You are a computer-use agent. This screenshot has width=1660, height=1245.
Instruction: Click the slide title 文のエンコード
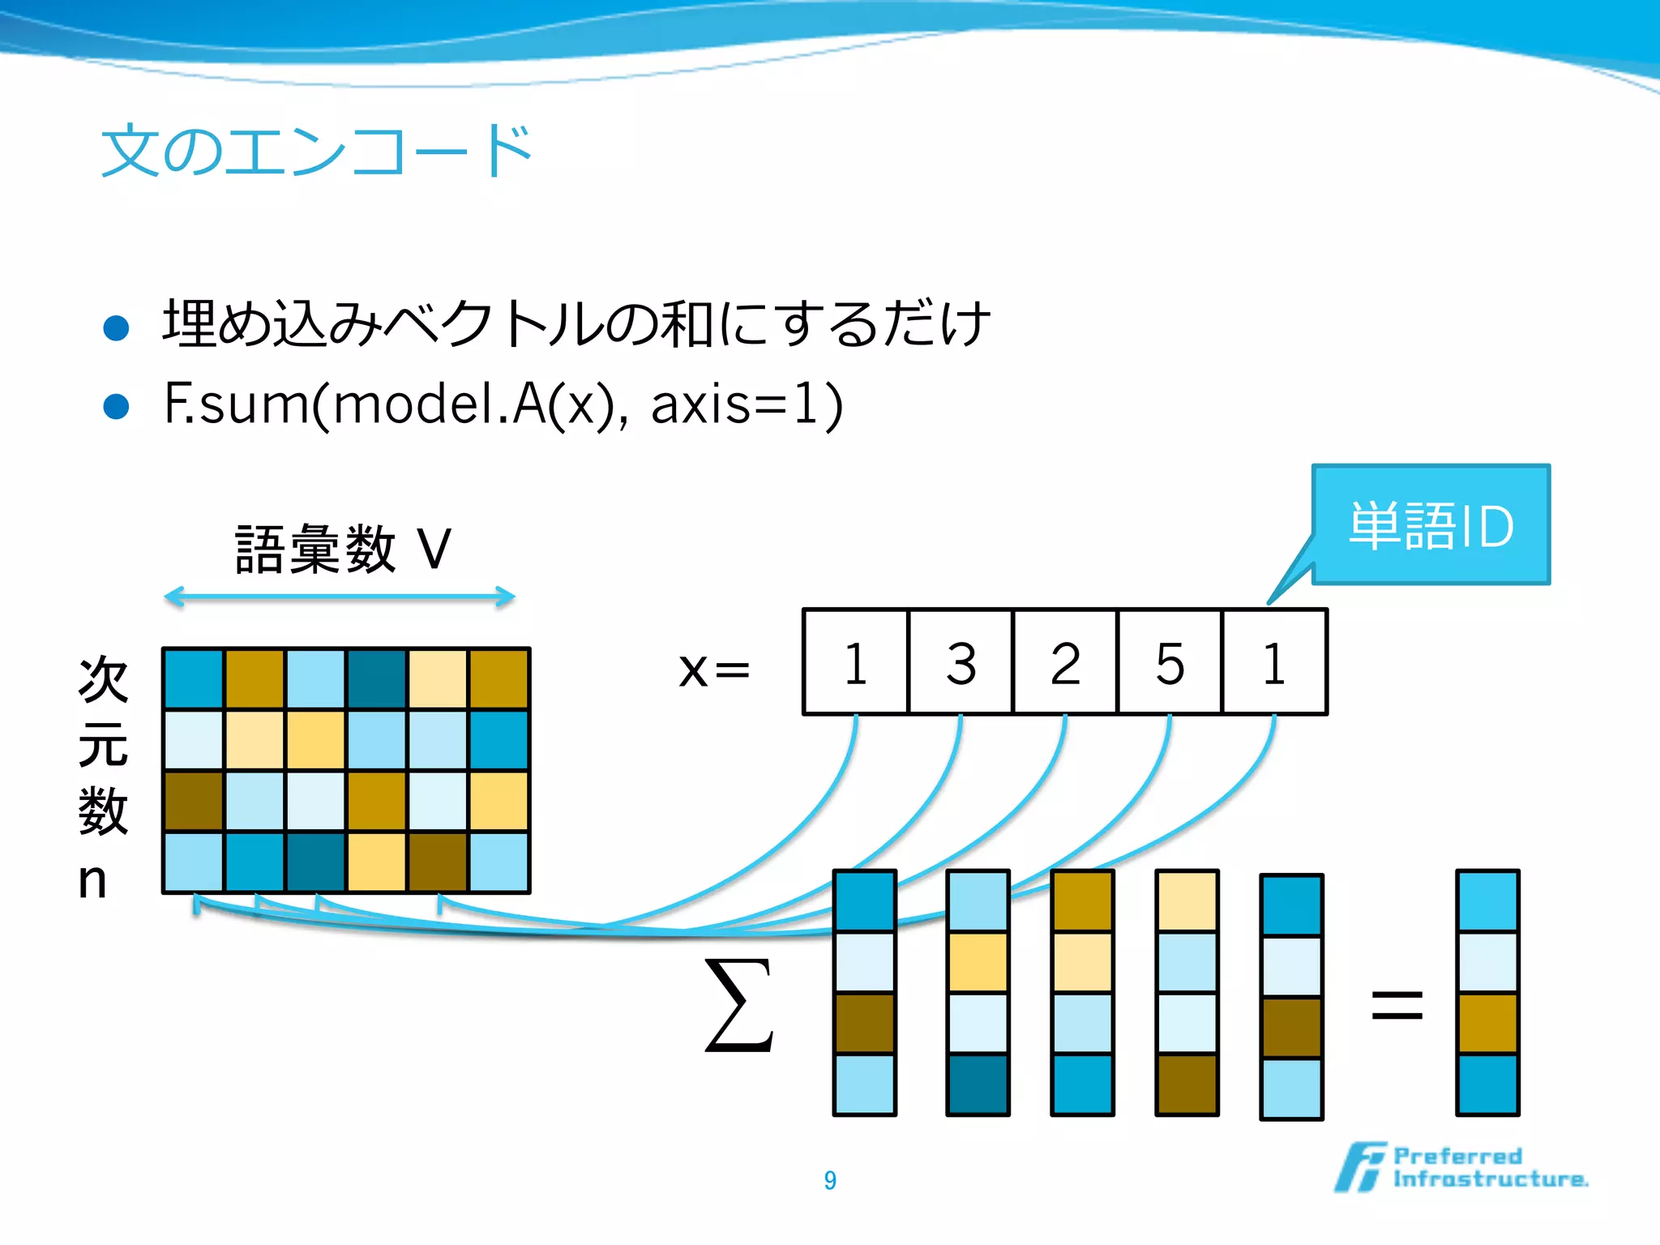click(316, 152)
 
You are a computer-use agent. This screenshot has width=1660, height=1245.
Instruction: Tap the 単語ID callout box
click(1431, 525)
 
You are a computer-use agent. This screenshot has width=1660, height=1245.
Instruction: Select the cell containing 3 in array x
click(960, 662)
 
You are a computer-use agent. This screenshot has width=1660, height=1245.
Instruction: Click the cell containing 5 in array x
click(1170, 662)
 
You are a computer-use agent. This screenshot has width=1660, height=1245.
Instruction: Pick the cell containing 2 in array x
click(1065, 662)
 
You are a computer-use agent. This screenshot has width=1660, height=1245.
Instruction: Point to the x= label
click(714, 670)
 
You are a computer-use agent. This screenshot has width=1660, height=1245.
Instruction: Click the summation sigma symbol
click(738, 1005)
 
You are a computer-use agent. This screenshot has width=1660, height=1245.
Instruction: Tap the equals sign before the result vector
click(1397, 1006)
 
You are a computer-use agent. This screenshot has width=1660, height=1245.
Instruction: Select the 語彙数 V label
click(343, 550)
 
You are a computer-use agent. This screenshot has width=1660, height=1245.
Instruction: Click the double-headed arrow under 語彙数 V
click(340, 597)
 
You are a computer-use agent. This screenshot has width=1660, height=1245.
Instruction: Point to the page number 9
click(830, 1180)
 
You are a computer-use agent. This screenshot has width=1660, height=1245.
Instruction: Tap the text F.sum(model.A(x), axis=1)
click(503, 404)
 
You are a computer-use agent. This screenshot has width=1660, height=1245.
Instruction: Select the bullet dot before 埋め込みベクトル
click(117, 327)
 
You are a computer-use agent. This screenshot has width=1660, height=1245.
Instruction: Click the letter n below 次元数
click(92, 880)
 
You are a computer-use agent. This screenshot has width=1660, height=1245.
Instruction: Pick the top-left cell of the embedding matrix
click(194, 679)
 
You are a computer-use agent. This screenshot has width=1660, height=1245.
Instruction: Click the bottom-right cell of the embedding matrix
click(499, 862)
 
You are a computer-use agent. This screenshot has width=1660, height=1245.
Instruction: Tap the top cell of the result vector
click(1487, 901)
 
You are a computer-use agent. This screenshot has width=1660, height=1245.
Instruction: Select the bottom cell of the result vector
click(1487, 1084)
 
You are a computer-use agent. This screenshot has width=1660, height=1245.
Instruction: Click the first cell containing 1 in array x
click(856, 662)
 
